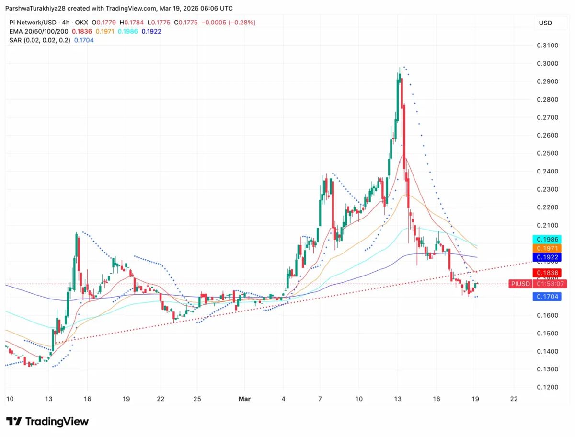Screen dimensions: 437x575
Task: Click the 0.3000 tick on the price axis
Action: [548, 64]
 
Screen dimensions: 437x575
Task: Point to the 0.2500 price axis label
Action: [548, 153]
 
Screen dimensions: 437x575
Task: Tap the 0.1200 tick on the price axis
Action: [548, 387]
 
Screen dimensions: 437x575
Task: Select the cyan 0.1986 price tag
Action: [545, 239]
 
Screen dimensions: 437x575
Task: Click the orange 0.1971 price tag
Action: [545, 248]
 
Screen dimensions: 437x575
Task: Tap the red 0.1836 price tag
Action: [545, 272]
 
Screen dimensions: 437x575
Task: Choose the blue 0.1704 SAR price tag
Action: [545, 297]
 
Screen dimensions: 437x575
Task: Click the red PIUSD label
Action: [520, 284]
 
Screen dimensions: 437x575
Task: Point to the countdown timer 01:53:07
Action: [551, 284]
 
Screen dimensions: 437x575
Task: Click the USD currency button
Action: [545, 23]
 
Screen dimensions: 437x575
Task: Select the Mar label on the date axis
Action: [244, 399]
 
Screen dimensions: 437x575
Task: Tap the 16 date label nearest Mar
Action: [436, 399]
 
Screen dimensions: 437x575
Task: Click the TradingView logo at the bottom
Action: [47, 422]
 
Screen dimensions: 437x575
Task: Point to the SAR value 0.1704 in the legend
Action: [83, 40]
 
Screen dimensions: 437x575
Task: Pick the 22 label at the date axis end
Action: [514, 399]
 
